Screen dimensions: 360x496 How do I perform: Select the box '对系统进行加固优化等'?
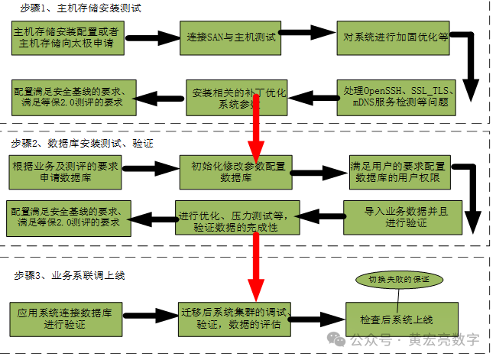(x=394, y=37)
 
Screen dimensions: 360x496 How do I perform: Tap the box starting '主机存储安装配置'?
(x=68, y=37)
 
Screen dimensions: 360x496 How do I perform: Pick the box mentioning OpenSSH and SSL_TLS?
(x=399, y=96)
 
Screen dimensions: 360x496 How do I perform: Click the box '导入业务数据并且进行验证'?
(x=395, y=216)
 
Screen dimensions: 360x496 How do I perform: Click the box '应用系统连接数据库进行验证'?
(x=68, y=317)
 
